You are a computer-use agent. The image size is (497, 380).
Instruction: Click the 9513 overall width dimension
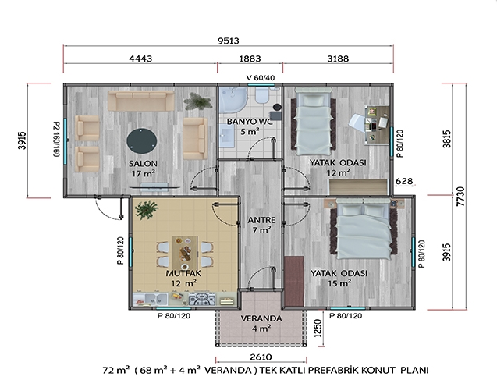228,41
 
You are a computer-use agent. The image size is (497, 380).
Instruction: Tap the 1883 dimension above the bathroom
250,59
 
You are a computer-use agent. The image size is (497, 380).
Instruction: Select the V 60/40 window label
261,78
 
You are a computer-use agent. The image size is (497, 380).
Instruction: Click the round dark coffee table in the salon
142,141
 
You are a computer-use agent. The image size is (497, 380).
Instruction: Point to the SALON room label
143,164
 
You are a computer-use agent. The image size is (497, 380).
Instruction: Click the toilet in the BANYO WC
262,94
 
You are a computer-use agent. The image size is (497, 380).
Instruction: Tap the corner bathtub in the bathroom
233,100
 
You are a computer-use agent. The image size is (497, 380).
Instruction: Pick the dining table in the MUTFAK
185,253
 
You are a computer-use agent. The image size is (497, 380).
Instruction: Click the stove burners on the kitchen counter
202,299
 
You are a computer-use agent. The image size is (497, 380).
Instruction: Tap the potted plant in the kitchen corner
146,209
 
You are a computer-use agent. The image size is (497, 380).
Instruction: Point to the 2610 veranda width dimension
261,357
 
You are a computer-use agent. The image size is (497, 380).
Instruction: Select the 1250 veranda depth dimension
318,328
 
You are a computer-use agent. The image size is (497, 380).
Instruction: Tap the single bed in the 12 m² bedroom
313,122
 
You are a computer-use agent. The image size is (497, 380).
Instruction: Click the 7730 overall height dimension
461,197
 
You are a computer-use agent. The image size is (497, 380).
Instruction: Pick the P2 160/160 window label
56,139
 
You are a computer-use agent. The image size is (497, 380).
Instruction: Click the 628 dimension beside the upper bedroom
404,181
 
